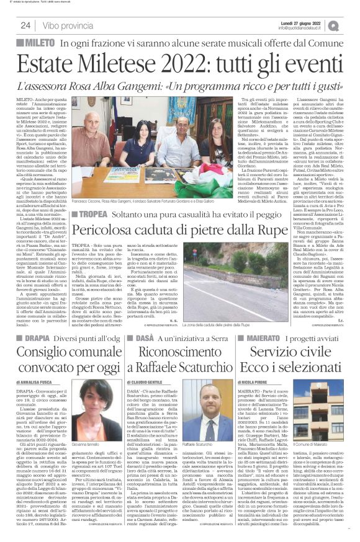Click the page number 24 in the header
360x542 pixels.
coord(26,25)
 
